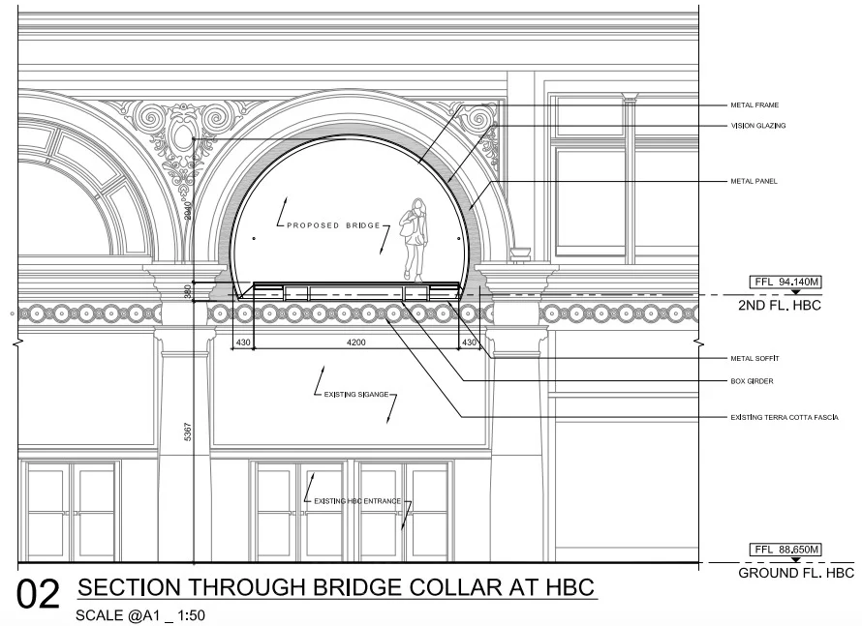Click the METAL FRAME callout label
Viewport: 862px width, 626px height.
754,104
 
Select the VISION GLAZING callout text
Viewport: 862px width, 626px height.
757,126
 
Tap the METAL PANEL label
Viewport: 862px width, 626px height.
754,181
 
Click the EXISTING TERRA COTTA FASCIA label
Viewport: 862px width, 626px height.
784,417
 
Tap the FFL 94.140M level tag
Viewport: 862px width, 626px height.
785,282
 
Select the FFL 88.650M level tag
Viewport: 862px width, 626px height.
785,550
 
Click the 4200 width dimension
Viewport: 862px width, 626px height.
356,342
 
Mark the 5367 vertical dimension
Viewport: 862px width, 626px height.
187,432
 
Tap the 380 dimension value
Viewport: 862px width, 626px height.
188,290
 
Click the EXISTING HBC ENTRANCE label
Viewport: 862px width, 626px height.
355,501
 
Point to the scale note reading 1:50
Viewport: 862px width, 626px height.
189,615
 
